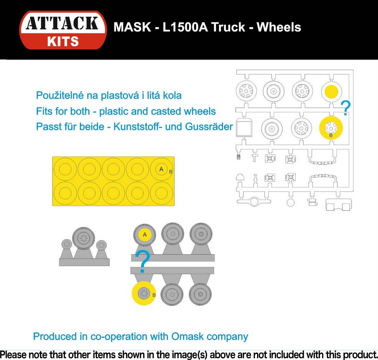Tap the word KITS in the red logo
[63, 41]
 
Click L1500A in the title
[185, 27]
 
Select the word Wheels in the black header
[279, 27]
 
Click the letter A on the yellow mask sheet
[161, 169]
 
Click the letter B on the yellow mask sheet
[171, 172]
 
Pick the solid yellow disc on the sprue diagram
[332, 92]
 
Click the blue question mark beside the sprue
[346, 108]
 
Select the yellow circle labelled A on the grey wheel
[145, 234]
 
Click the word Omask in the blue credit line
[187, 336]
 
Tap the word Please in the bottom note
[13, 355]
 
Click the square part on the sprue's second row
[244, 128]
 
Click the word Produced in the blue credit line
[55, 336]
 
